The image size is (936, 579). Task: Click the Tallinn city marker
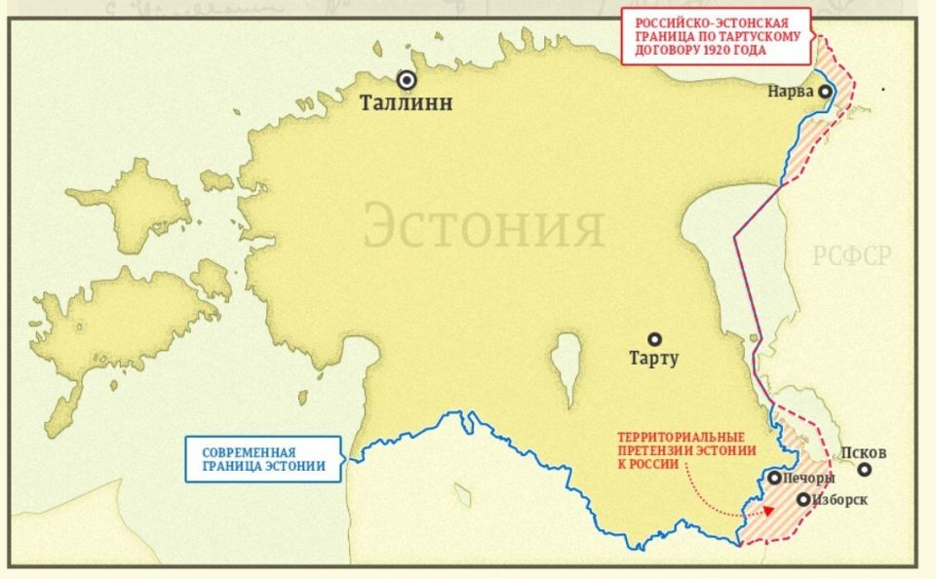coord(406,81)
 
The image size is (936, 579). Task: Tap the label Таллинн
coord(406,103)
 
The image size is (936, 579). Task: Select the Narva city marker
coord(826,92)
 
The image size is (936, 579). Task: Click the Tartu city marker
coord(655,339)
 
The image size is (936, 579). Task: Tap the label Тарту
coord(654,359)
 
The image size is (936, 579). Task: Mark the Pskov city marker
coord(864,469)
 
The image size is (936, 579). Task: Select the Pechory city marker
coord(773,478)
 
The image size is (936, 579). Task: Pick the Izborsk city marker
coord(802,499)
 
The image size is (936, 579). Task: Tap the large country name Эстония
coord(484,227)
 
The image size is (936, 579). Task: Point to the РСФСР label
coord(852,256)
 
